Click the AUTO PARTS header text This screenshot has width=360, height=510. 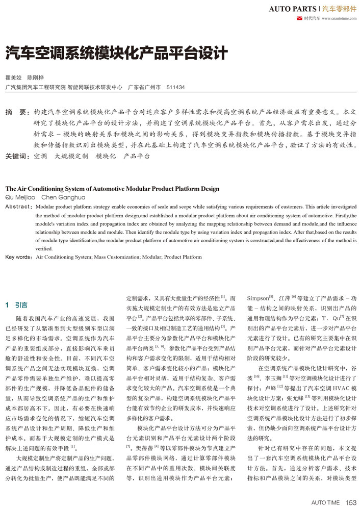(292, 9)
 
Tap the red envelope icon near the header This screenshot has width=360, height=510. (299, 19)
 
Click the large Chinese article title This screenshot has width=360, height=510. (116, 53)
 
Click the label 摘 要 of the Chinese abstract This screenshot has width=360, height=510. (17, 111)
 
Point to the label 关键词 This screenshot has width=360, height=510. (17, 157)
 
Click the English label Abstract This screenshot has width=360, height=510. (18, 207)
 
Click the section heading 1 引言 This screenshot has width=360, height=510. (17, 305)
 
